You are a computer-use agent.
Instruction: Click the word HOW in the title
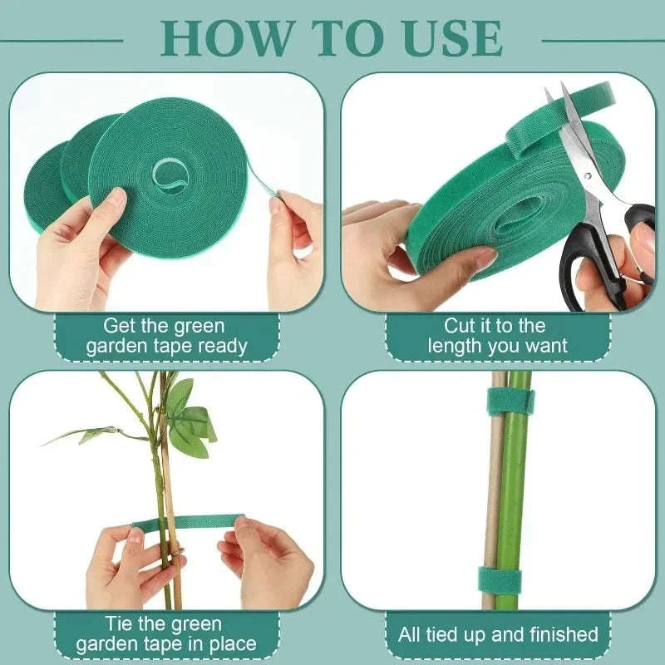point(223,37)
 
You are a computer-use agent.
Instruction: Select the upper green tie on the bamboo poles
point(511,401)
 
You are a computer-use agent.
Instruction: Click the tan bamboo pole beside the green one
point(494,499)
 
